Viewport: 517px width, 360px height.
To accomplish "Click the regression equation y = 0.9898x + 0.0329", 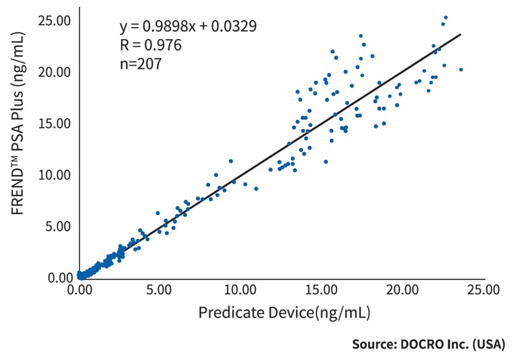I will tap(188, 26).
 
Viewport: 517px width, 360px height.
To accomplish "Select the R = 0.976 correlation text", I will tap(150, 45).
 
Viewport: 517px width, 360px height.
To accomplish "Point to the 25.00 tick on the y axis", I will tap(55, 20).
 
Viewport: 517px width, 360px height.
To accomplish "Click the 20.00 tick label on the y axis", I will tap(55, 72).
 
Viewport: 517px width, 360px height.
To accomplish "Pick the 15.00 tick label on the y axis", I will tap(55, 123).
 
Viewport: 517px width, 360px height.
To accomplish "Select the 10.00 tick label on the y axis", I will tap(55, 175).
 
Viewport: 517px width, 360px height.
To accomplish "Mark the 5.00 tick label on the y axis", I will tap(57, 226).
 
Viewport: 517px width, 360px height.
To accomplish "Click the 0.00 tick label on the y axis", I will tap(57, 277).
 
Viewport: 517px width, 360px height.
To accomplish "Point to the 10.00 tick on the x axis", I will tap(239, 290).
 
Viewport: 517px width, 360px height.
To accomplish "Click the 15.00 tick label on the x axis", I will tap(320, 290).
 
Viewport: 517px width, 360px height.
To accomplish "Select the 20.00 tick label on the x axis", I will tap(401, 290).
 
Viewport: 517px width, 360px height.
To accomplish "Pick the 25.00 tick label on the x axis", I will tap(482, 290).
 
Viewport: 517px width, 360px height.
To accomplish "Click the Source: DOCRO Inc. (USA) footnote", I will tap(428, 343).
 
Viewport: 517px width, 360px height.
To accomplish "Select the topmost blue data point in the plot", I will tap(446, 17).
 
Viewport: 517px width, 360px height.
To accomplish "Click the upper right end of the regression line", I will tap(460, 34).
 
